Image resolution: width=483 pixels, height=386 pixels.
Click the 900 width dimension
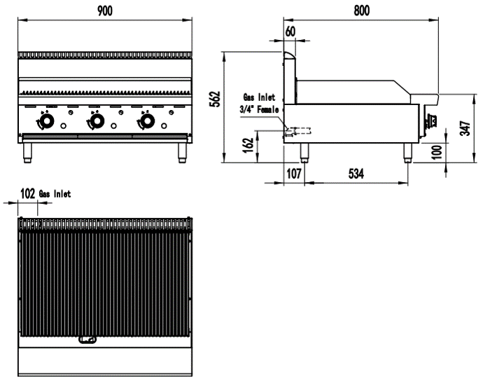point(104,9)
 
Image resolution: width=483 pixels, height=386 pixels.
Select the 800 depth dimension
point(361,9)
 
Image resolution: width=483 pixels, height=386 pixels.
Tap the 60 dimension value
point(290,31)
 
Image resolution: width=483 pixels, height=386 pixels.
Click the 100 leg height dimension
point(437,152)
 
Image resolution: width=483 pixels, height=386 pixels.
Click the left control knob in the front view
point(47,123)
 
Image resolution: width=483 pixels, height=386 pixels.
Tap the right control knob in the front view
point(147,123)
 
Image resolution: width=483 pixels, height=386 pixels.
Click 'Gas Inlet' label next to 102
point(55,193)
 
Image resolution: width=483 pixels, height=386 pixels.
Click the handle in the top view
point(87,340)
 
